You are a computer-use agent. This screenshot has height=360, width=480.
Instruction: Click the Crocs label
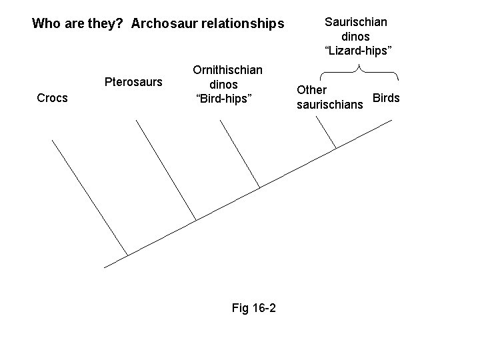(x=52, y=98)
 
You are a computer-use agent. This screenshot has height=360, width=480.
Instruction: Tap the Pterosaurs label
(x=133, y=83)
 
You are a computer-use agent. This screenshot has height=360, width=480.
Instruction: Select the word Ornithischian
(x=227, y=69)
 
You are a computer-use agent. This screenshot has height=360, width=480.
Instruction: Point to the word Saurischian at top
(x=355, y=21)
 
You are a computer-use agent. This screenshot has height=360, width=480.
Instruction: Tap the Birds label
(x=386, y=98)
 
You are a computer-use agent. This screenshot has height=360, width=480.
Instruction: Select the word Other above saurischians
(x=311, y=89)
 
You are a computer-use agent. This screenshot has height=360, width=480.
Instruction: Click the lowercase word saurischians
(x=330, y=105)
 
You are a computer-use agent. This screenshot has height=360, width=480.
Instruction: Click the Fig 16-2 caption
(x=254, y=308)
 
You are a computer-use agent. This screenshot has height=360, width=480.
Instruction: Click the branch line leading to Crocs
(x=89, y=197)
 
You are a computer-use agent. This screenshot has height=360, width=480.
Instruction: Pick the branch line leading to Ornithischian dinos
(x=239, y=155)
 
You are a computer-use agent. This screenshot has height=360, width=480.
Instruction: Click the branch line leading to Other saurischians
(x=326, y=135)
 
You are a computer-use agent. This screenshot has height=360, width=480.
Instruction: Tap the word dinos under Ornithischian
(x=224, y=85)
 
